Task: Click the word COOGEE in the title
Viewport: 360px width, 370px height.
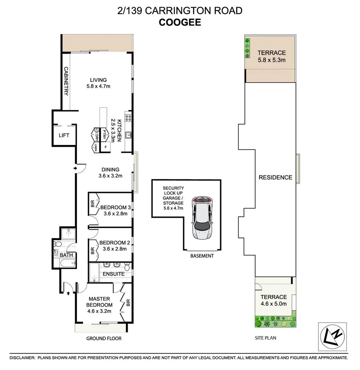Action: [x=180, y=22]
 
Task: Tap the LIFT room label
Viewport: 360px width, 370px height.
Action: [x=64, y=135]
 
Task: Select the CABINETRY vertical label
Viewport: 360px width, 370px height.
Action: [x=66, y=81]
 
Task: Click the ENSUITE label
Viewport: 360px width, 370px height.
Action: [x=113, y=274]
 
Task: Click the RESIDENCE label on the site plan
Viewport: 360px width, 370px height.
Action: [x=275, y=177]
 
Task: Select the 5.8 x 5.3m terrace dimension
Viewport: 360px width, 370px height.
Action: [x=272, y=60]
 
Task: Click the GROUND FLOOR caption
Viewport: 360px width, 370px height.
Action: [x=104, y=338]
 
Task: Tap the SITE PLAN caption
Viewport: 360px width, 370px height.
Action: [x=266, y=338]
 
